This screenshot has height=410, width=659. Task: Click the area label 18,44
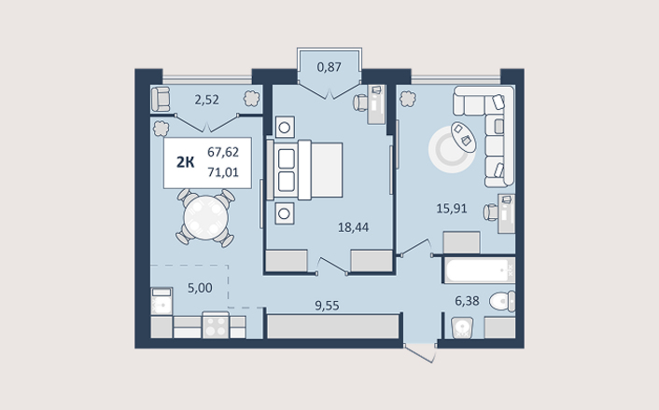353,227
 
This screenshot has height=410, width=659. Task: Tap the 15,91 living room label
452,209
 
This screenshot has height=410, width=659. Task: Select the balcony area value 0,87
329,67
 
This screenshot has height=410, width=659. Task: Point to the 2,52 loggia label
206,100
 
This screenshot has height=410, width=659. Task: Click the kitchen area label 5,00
200,288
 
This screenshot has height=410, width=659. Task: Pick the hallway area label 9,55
327,306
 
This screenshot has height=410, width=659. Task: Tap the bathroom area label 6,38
467,300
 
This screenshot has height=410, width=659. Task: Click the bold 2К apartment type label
186,162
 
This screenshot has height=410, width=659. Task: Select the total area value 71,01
223,172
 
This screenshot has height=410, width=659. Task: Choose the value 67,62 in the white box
223,152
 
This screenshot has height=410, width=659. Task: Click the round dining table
206,218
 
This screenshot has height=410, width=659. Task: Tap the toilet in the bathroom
502,301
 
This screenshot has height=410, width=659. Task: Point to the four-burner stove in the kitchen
216,325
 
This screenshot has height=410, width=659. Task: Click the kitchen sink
161,301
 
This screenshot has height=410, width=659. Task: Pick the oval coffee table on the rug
464,137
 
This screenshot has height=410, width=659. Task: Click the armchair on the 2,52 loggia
161,100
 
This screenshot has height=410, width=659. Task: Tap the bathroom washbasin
462,328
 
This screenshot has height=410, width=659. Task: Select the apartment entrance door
420,353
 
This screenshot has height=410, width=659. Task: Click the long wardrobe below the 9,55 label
333,326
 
